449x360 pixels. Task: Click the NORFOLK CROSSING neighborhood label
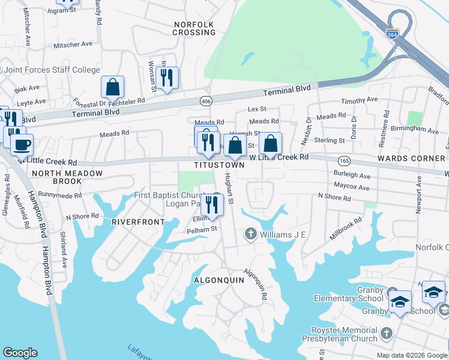tap(194, 28)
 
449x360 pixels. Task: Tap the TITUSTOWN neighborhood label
tap(219, 164)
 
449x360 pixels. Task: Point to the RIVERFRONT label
tap(138, 221)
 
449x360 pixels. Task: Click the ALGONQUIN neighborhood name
tap(217, 280)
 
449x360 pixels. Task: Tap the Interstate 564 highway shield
tap(393, 35)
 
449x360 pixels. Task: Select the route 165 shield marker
tap(344, 161)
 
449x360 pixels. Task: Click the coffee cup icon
tap(22, 145)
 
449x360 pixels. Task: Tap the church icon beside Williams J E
tap(250, 233)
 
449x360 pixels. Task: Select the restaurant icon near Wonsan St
tap(167, 77)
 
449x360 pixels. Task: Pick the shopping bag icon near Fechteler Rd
tap(112, 87)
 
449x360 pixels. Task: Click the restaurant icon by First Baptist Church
tap(212, 204)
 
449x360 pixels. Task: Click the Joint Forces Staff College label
tap(52, 70)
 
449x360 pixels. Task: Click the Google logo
tap(20, 353)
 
